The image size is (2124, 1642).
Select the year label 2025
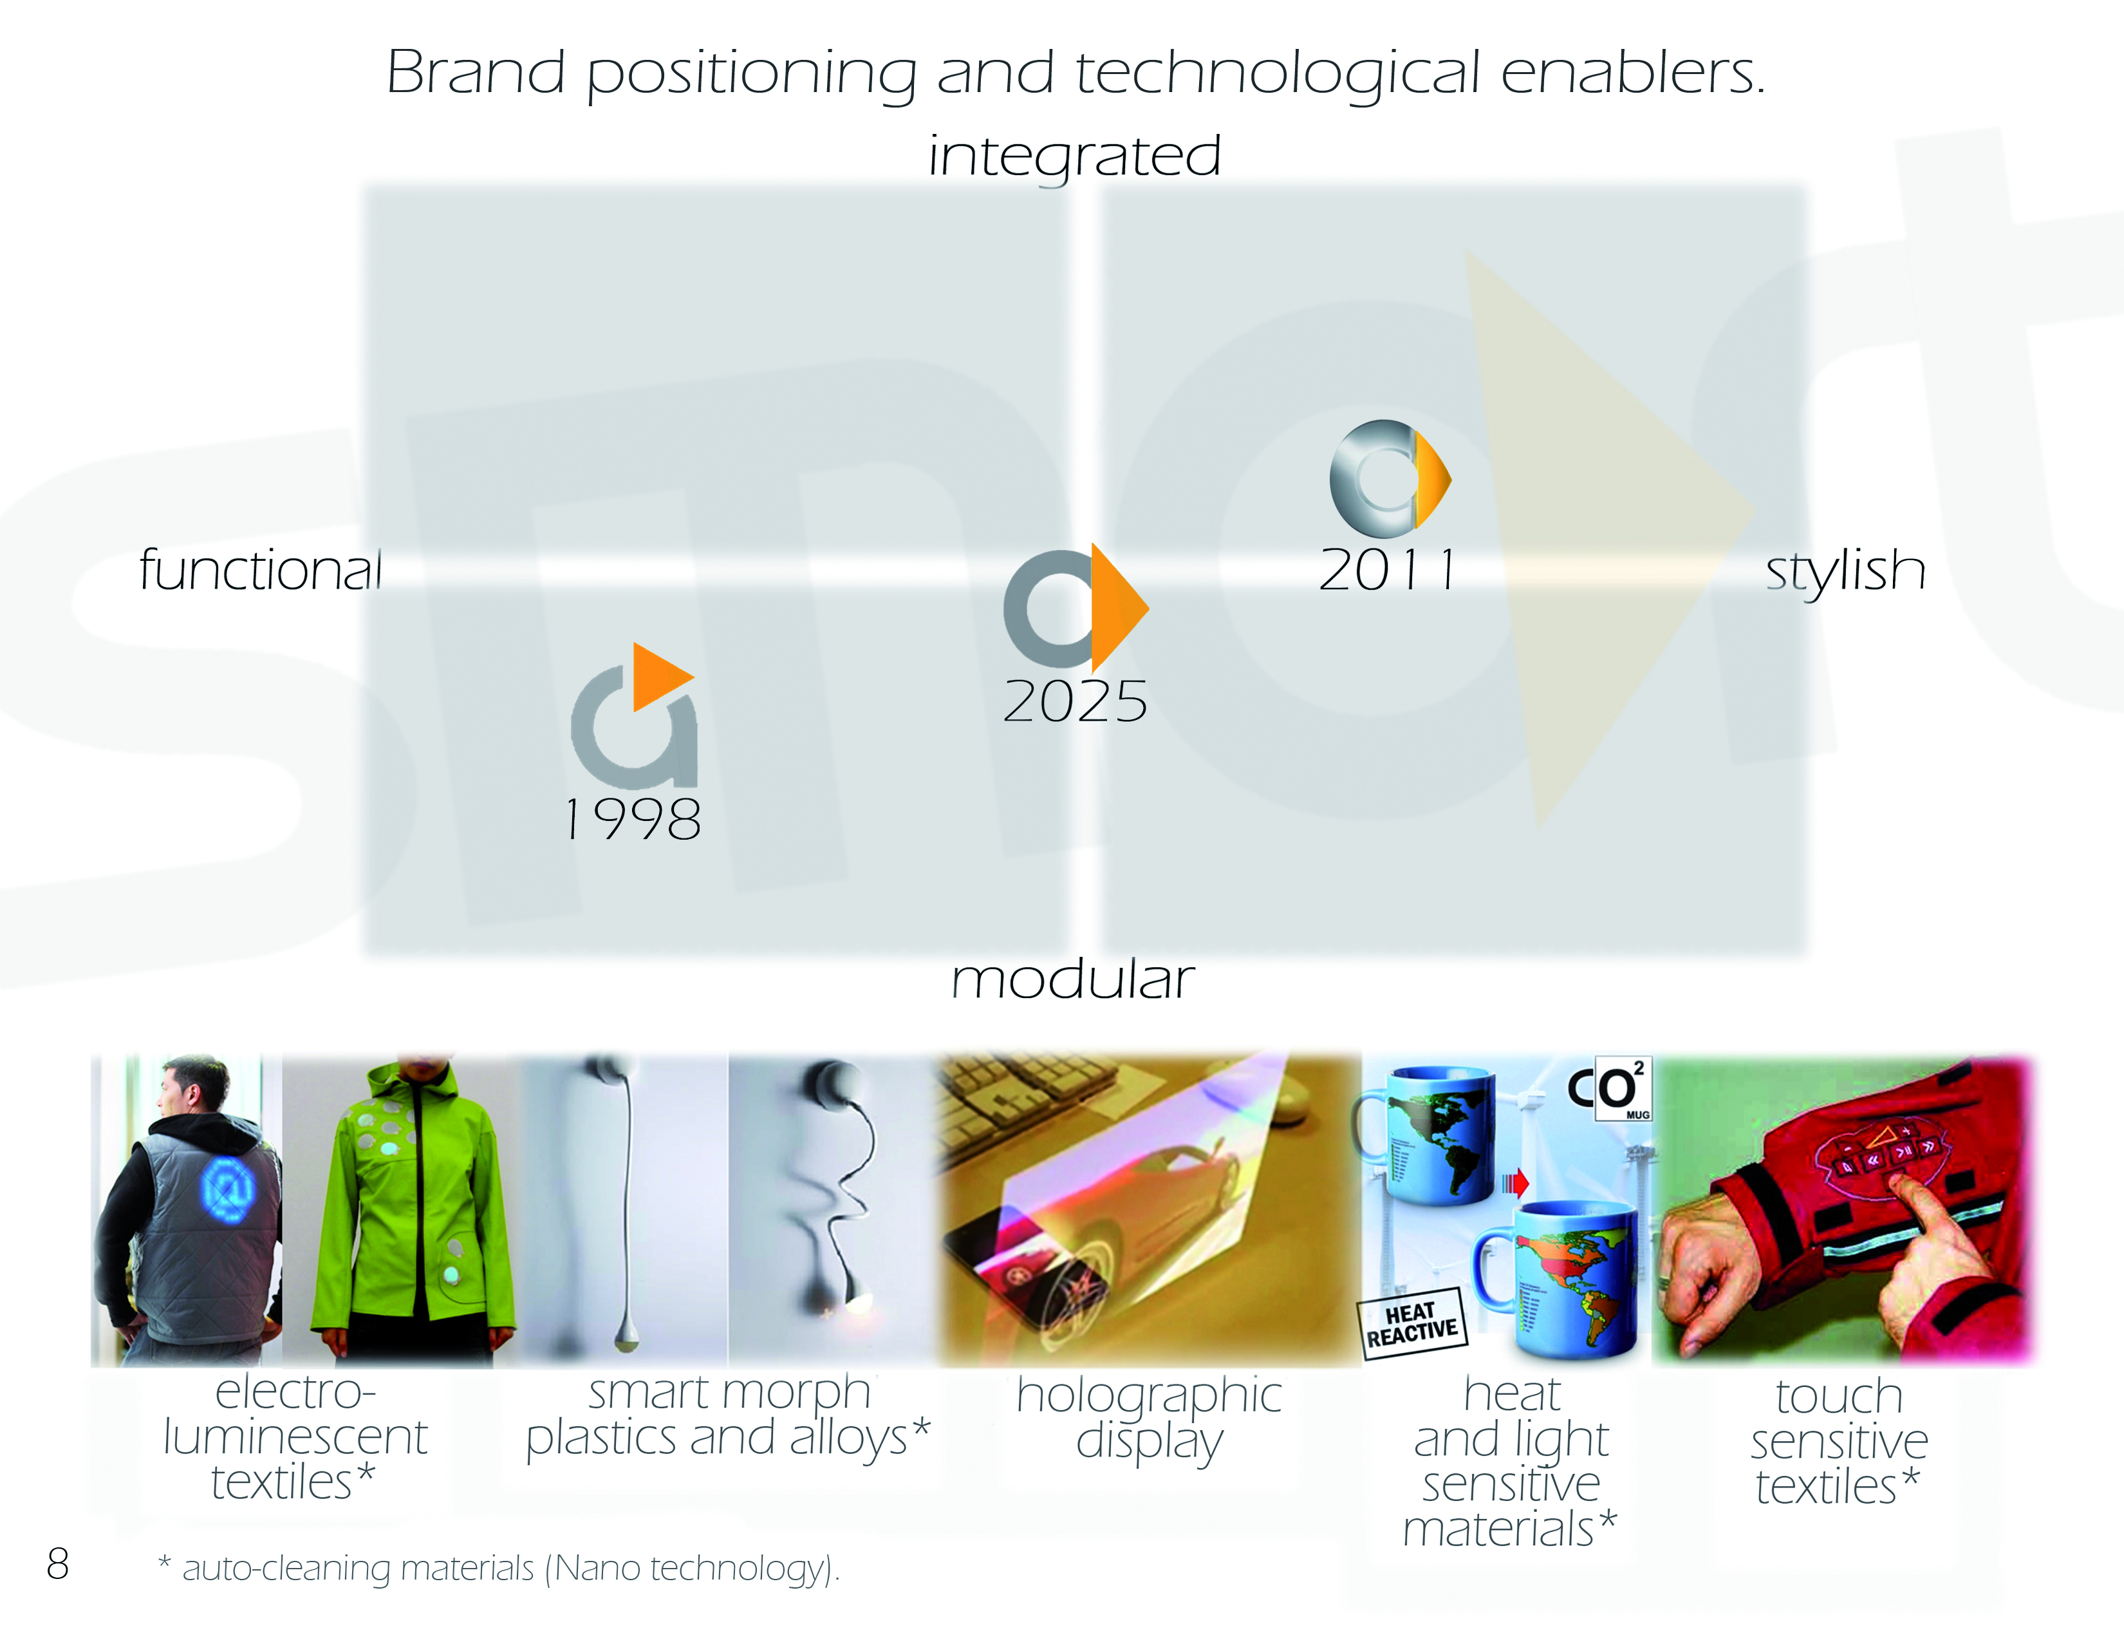coord(1076,701)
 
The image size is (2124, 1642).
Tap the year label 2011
coord(1388,569)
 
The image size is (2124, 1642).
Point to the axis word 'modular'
coord(1073,979)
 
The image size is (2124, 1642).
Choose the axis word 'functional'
coord(259,569)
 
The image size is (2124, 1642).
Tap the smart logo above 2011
coord(1390,478)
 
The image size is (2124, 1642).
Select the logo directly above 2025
coord(1075,608)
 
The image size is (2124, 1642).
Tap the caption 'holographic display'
coord(1150,1419)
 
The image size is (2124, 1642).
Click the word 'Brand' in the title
coord(476,72)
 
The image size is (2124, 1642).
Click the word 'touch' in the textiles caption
coord(1839,1397)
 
